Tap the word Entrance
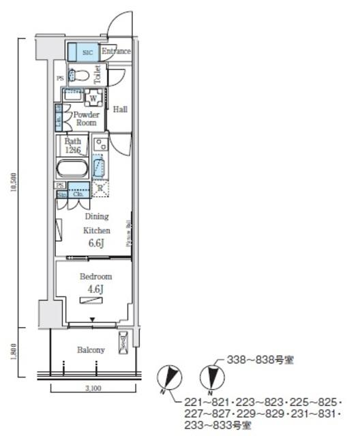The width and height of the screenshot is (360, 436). pos(116,51)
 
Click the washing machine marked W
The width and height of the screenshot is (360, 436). pos(92,99)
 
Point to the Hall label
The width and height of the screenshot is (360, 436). pos(120,109)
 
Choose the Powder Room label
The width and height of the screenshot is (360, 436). pos(87,119)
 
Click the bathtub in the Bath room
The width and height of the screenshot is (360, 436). pos(72,168)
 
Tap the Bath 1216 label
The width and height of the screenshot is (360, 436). pos(72,146)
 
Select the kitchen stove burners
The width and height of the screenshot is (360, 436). pos(100,144)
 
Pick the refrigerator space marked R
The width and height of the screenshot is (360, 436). pos(100,189)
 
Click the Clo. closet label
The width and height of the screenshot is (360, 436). pos(78,193)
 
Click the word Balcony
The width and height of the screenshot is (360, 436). pos(91,350)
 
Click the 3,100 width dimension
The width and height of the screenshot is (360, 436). pos(94,388)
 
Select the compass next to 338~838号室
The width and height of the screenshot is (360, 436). pos(212,377)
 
